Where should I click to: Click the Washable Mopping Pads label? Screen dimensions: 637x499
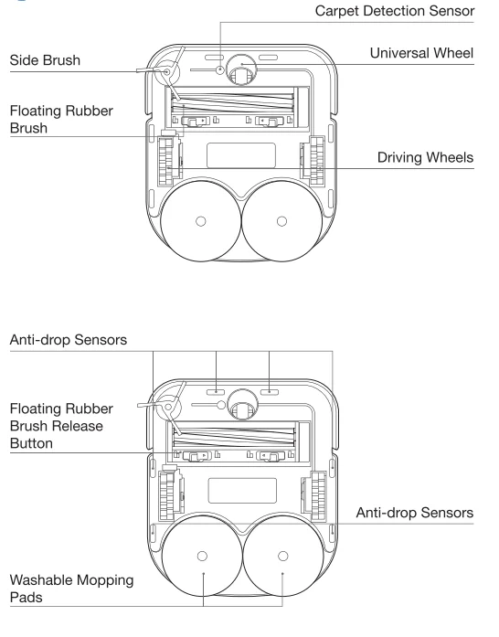72,590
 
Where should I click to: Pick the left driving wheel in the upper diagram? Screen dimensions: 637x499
165,163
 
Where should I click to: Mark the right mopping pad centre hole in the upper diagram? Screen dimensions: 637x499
281,220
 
